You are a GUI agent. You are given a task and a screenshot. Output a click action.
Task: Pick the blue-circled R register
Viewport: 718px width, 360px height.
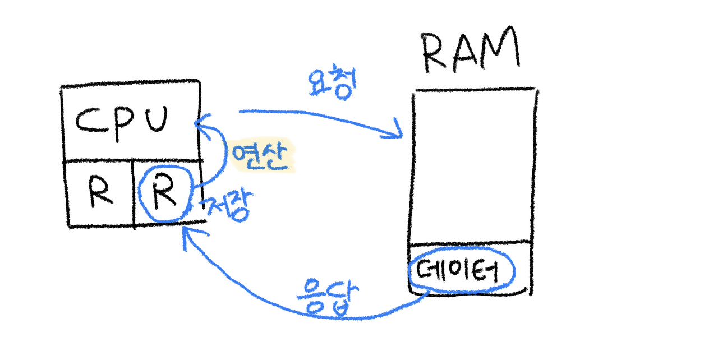click(165, 194)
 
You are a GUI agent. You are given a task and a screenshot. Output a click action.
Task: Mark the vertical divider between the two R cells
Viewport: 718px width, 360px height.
click(134, 193)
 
